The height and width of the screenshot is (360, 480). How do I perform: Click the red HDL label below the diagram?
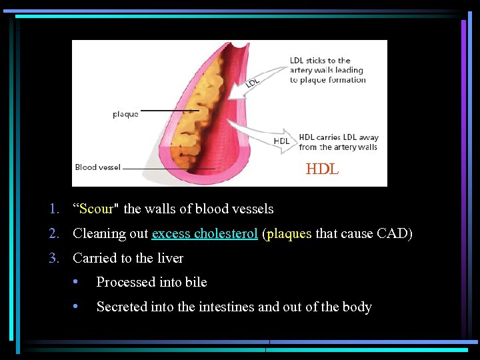click(x=322, y=170)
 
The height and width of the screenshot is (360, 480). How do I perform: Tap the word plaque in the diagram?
click(x=125, y=114)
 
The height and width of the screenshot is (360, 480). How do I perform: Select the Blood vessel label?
click(x=97, y=167)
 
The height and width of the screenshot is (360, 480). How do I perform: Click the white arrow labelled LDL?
click(x=260, y=80)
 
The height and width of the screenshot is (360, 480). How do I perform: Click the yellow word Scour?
click(x=96, y=209)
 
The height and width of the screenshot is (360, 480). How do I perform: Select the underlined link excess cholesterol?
click(x=205, y=234)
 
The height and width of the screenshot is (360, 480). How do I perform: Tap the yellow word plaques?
click(x=289, y=234)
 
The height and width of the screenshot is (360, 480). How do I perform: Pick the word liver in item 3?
click(x=169, y=259)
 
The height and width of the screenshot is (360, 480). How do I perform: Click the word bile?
click(x=196, y=283)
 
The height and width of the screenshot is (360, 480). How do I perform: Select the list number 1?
click(x=53, y=209)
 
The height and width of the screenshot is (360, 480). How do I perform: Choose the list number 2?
click(x=53, y=234)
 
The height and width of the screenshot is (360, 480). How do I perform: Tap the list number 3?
click(x=53, y=259)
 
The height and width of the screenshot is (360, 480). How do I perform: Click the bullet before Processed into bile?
click(x=77, y=283)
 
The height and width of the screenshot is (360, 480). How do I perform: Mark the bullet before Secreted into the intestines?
click(x=77, y=307)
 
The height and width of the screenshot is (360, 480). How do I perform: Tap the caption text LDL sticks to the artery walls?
click(x=327, y=70)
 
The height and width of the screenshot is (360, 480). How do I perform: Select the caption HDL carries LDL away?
click(x=338, y=142)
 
